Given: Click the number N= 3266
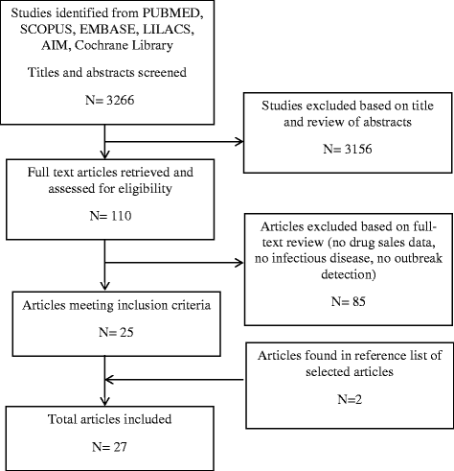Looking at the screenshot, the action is point(110,100).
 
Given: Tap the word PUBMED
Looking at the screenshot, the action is point(172,13).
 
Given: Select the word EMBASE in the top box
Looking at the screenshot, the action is point(107,29).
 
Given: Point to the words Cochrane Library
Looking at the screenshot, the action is point(124,45).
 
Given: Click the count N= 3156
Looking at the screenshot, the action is point(348,149).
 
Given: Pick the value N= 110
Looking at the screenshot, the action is point(110,216).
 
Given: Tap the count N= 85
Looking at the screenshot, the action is point(349,301).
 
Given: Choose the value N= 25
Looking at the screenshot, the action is point(116,332).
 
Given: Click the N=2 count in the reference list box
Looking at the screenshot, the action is point(350,399).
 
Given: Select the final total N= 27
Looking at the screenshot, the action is point(109,447).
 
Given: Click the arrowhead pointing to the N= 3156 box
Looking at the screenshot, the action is point(239,142).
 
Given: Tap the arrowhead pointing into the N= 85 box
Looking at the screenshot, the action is point(239,263).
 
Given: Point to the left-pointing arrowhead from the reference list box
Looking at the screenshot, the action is point(109,380).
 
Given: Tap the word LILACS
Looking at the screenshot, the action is point(169,29).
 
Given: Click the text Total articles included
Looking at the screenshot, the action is point(109,419).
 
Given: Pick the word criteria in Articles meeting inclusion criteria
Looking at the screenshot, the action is point(192,305).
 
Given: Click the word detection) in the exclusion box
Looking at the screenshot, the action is point(349,274).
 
